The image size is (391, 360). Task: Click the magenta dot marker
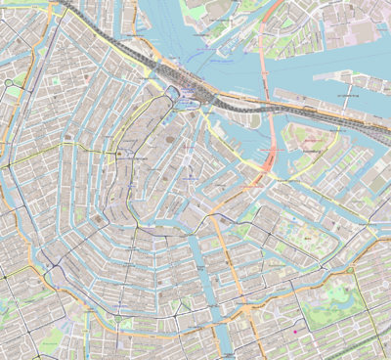pyautogui.click(x=295, y=331)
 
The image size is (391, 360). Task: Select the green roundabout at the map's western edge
pyautogui.click(x=8, y=84)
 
